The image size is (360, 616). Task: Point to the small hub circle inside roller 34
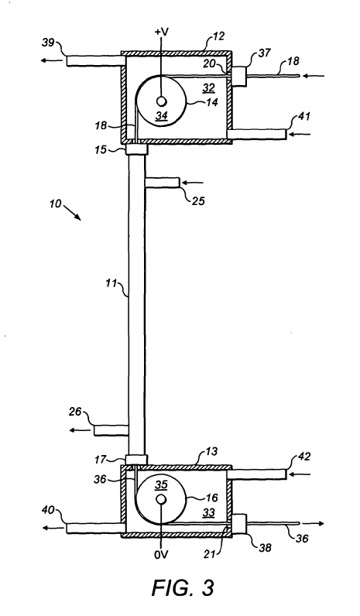pyautogui.click(x=161, y=101)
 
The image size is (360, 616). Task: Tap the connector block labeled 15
pyautogui.click(x=136, y=150)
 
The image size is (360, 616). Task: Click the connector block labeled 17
pyautogui.click(x=136, y=459)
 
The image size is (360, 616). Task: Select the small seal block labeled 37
pyautogui.click(x=238, y=76)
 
